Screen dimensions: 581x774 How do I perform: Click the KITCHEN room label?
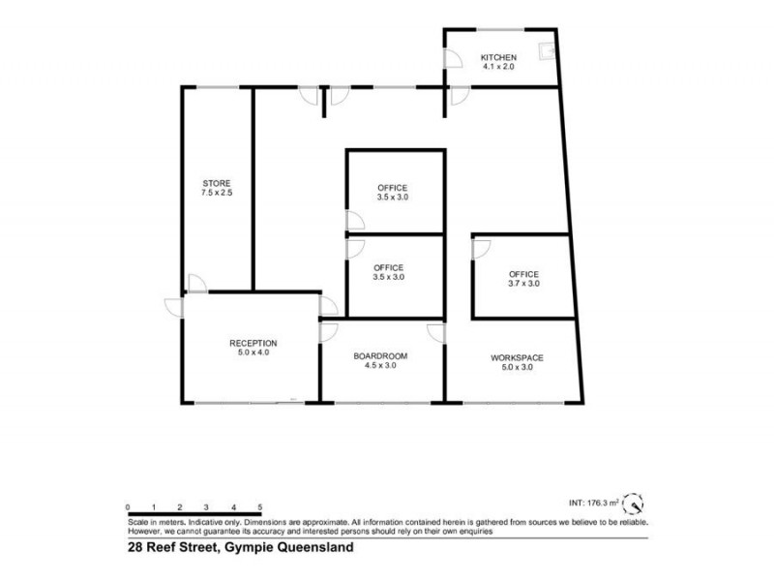coord(499,58)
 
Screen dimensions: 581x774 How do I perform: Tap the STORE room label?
coord(217,183)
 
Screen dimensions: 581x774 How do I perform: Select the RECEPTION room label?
coord(253,343)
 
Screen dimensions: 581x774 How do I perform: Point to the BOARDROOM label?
coord(380,356)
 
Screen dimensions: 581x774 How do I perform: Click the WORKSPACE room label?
coord(517,357)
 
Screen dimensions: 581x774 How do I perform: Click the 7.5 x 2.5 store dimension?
coord(217,194)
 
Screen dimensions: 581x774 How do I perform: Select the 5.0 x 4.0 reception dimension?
coord(253,353)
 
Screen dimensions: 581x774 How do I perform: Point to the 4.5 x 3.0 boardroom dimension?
coord(380,367)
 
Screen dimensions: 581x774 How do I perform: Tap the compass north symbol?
coord(632,505)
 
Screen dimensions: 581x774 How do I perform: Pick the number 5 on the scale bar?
coord(260,506)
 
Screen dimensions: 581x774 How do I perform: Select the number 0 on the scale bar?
coord(128,506)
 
